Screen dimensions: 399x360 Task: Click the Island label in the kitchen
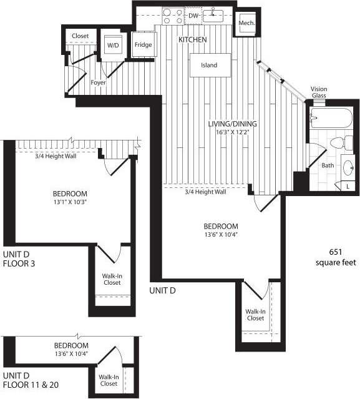point(209,65)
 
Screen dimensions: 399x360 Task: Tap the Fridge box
point(144,45)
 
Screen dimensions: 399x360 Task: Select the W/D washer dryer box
point(113,46)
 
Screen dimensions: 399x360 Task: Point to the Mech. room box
point(245,24)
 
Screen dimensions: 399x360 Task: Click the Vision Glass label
point(319,92)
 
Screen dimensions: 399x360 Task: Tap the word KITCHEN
point(192,40)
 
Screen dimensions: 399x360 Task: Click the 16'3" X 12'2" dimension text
point(232,133)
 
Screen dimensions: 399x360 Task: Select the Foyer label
point(98,82)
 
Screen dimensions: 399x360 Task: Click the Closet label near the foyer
point(80,36)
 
